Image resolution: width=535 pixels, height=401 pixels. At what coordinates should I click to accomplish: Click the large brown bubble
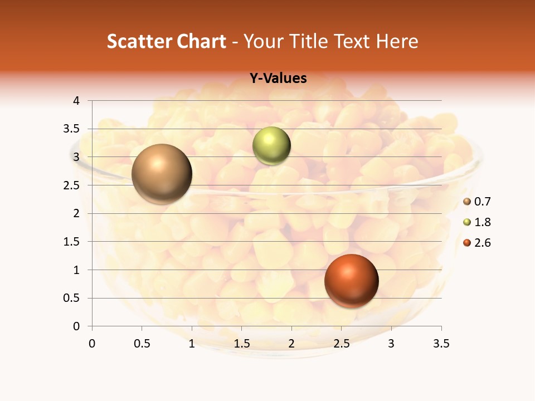(x=162, y=174)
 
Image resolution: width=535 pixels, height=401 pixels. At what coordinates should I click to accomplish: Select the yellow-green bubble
(x=271, y=146)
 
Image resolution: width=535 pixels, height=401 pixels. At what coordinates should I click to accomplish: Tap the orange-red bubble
(x=351, y=281)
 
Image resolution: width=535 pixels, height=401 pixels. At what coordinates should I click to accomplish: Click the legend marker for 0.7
(x=467, y=202)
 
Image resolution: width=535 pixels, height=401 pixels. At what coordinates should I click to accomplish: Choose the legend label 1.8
(x=482, y=222)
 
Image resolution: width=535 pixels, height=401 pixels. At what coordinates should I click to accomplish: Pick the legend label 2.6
(x=482, y=243)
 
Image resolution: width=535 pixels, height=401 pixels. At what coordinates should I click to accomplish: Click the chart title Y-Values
(x=278, y=79)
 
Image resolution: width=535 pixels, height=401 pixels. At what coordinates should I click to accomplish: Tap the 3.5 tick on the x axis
(x=441, y=344)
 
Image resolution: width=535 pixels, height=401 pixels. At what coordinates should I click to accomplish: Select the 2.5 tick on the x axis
(x=341, y=344)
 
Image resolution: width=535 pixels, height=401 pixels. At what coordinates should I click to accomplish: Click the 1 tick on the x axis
(x=192, y=344)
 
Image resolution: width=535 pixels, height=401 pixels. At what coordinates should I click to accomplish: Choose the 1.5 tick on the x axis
(x=241, y=344)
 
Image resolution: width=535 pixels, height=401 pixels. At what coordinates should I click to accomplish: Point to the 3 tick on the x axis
(x=391, y=344)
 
